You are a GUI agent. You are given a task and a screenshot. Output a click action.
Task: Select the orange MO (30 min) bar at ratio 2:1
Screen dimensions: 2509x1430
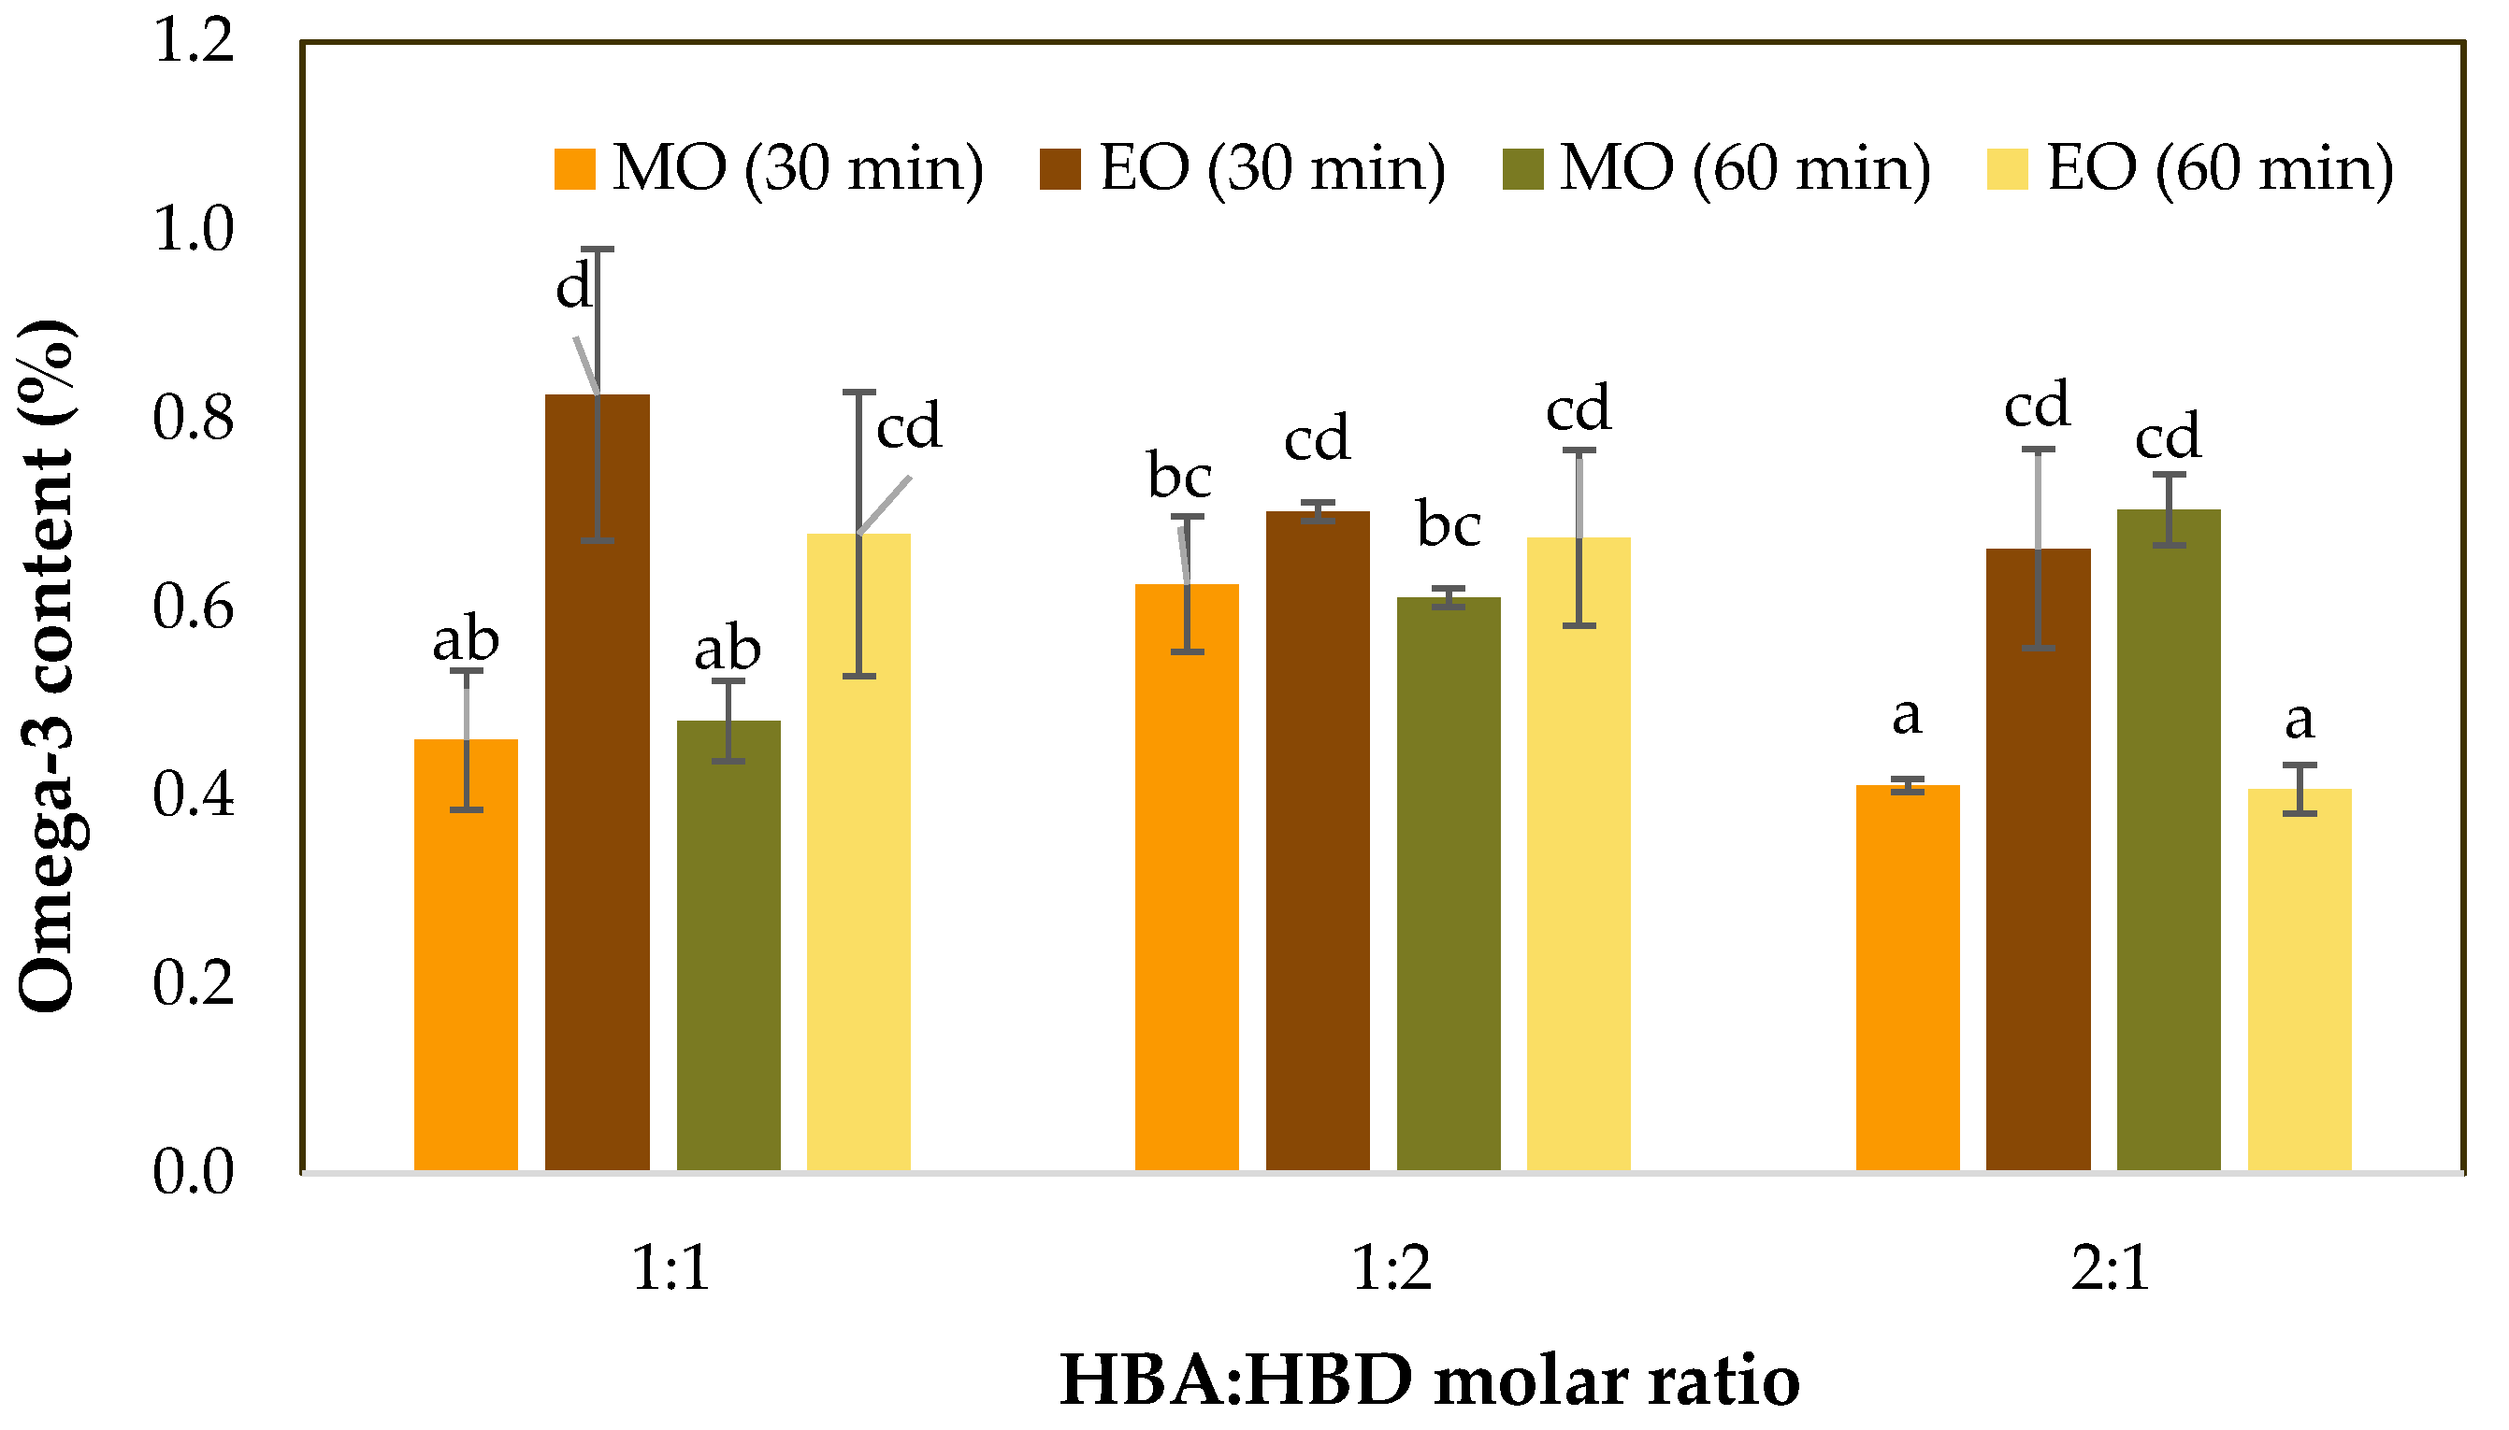point(1907,978)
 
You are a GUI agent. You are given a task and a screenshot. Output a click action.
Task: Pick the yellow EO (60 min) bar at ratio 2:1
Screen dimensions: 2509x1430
point(2299,980)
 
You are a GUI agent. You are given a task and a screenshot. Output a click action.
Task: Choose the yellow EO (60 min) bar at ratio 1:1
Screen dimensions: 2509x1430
point(858,851)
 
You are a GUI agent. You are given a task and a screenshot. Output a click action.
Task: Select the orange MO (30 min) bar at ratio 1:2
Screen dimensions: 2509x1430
point(1187,877)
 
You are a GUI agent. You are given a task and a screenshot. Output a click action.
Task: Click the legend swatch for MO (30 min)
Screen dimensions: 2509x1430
point(575,169)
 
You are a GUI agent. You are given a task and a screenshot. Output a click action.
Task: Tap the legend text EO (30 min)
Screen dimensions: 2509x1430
point(1272,169)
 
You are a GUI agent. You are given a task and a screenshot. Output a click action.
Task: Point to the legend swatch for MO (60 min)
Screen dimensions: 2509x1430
point(1522,169)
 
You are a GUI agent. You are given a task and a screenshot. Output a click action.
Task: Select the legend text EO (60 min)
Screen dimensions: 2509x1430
point(2220,169)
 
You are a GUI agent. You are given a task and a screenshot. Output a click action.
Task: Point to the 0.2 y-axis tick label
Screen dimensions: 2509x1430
point(194,982)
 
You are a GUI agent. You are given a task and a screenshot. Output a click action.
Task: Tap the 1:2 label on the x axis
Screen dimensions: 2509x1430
point(1391,1269)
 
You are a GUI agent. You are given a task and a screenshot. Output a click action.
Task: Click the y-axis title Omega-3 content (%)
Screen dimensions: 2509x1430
point(47,665)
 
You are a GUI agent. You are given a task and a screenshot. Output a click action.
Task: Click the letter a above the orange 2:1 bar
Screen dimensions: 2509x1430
point(1907,716)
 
